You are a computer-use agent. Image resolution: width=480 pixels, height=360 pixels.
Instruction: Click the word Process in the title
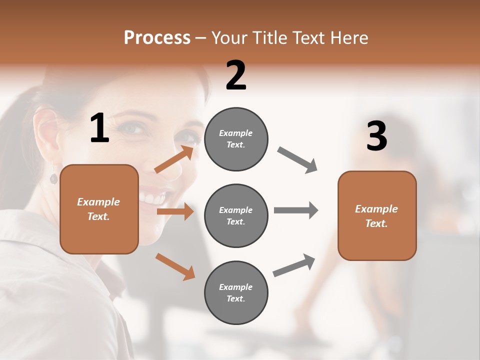coord(157,38)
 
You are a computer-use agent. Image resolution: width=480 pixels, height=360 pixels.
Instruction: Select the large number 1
coord(99,128)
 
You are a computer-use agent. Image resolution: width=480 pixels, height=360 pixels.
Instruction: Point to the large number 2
coord(236,75)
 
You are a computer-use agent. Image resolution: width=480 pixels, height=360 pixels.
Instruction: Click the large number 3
coord(376,136)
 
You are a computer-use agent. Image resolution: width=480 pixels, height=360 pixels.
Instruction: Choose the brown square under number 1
coord(99,209)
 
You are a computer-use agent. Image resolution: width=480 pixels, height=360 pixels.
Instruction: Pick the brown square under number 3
coord(377,215)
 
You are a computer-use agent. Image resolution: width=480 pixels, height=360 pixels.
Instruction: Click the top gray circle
coord(236,139)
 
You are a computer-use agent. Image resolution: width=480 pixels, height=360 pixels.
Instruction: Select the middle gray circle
coord(236,215)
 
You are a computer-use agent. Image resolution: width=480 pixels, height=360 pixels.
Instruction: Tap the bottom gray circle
coord(236,292)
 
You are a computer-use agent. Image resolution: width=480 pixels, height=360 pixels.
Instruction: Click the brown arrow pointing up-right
coord(174,159)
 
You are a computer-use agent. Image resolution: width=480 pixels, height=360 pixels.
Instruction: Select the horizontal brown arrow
coord(175,211)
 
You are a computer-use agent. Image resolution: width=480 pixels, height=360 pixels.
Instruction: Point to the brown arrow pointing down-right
coord(175,266)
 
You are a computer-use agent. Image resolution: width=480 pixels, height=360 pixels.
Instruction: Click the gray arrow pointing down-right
coord(297,160)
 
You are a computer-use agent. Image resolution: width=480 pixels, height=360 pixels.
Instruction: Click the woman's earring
coord(53,178)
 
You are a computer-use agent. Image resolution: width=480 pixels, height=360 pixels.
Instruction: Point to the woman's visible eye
coord(132,128)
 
